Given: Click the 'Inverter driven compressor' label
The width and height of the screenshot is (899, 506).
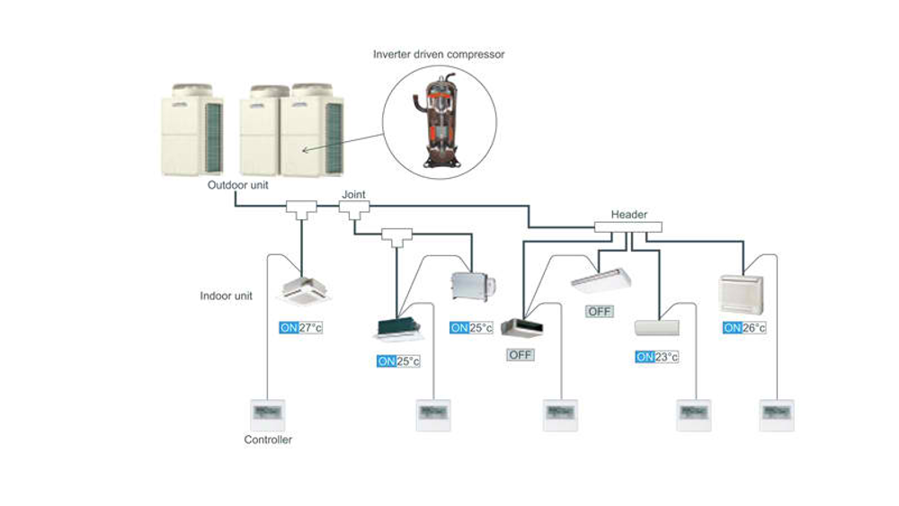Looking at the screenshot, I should tap(439, 55).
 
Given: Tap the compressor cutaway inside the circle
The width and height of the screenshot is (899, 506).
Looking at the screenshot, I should tap(440, 118).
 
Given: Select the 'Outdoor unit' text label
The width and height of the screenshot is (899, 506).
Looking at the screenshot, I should tap(238, 186).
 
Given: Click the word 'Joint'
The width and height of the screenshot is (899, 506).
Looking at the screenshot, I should tap(353, 194).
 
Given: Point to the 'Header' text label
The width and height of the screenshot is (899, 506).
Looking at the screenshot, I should tap(629, 215).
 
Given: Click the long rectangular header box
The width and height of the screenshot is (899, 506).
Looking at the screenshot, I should tap(628, 226).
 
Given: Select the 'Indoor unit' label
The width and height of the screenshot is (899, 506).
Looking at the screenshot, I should tap(226, 296).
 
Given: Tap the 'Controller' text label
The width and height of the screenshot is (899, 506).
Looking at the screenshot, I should tap(268, 439).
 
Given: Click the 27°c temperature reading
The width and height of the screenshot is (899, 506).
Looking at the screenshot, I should tap(310, 328).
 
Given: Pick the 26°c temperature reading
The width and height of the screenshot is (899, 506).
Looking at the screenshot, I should tap(754, 328).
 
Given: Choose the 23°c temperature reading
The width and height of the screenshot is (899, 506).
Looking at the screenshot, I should tap(666, 357).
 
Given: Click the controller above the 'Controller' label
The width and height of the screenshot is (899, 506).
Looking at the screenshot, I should tap(267, 413).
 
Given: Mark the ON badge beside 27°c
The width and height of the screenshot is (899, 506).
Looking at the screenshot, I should tap(289, 328).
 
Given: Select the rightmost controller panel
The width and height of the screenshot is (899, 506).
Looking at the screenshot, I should tap(776, 414).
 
